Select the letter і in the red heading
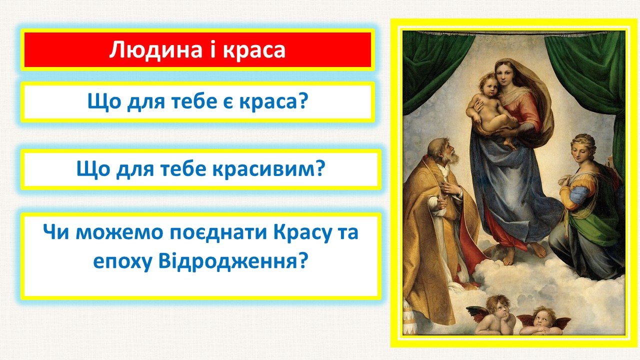pyautogui.click(x=213, y=49)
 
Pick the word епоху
pyautogui.click(x=122, y=263)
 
